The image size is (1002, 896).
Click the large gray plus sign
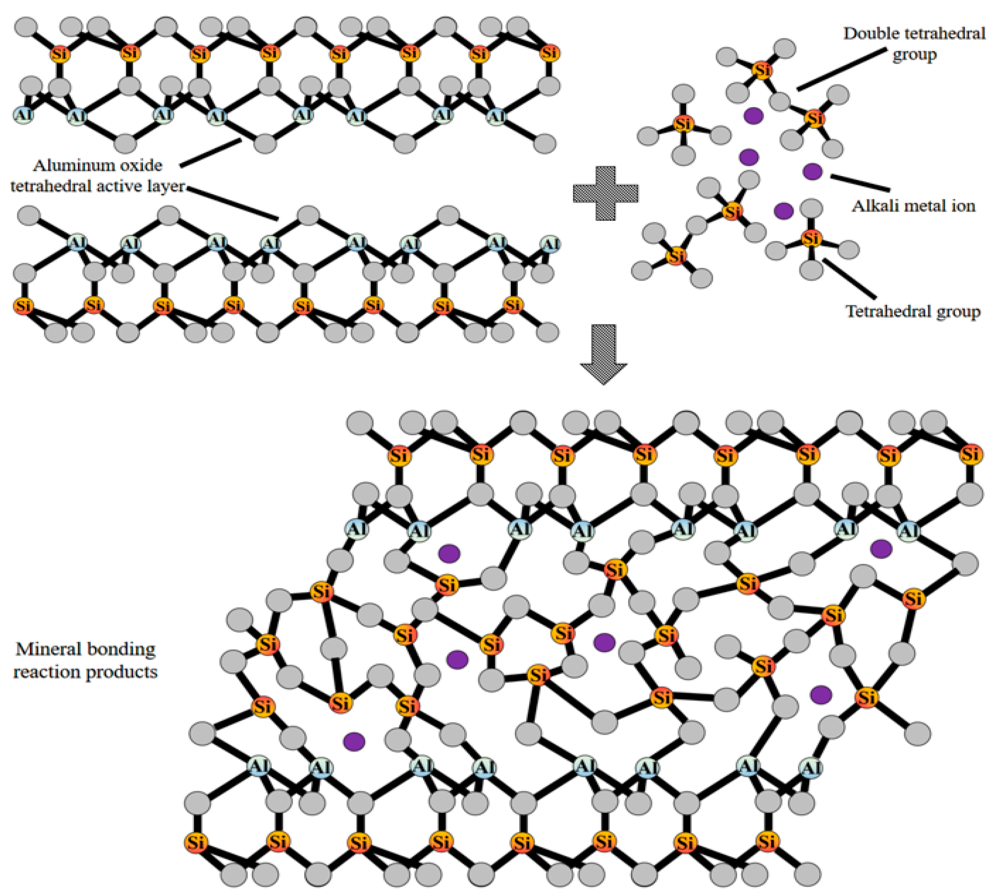point(605,193)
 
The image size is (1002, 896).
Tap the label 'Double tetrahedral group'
point(914,43)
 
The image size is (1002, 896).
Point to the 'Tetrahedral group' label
point(913,311)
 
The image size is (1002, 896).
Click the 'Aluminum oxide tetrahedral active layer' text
point(97,176)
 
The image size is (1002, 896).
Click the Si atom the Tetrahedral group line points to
point(811,239)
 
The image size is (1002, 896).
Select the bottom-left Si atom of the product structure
point(195,842)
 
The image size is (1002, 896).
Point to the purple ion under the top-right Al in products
point(881,548)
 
